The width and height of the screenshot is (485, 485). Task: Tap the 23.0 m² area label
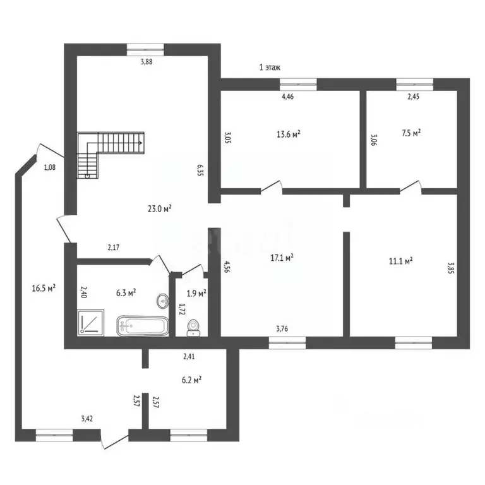pos(162,208)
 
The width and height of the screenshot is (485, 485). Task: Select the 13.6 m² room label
pos(288,133)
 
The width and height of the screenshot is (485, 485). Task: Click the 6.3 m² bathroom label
pos(126,292)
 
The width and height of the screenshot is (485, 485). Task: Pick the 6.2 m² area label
pos(191,380)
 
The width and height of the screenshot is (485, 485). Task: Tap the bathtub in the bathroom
pos(143,326)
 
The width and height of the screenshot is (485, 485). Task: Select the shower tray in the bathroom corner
pos(90,323)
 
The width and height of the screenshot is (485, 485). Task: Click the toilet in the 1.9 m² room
pos(194,325)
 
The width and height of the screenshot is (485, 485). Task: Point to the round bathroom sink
pos(162,300)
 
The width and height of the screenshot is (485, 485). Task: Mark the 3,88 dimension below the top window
pos(145,62)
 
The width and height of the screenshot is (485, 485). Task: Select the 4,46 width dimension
pos(287,97)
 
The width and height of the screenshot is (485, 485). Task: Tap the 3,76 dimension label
pos(283,328)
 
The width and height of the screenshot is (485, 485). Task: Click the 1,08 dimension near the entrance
pos(50,167)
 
